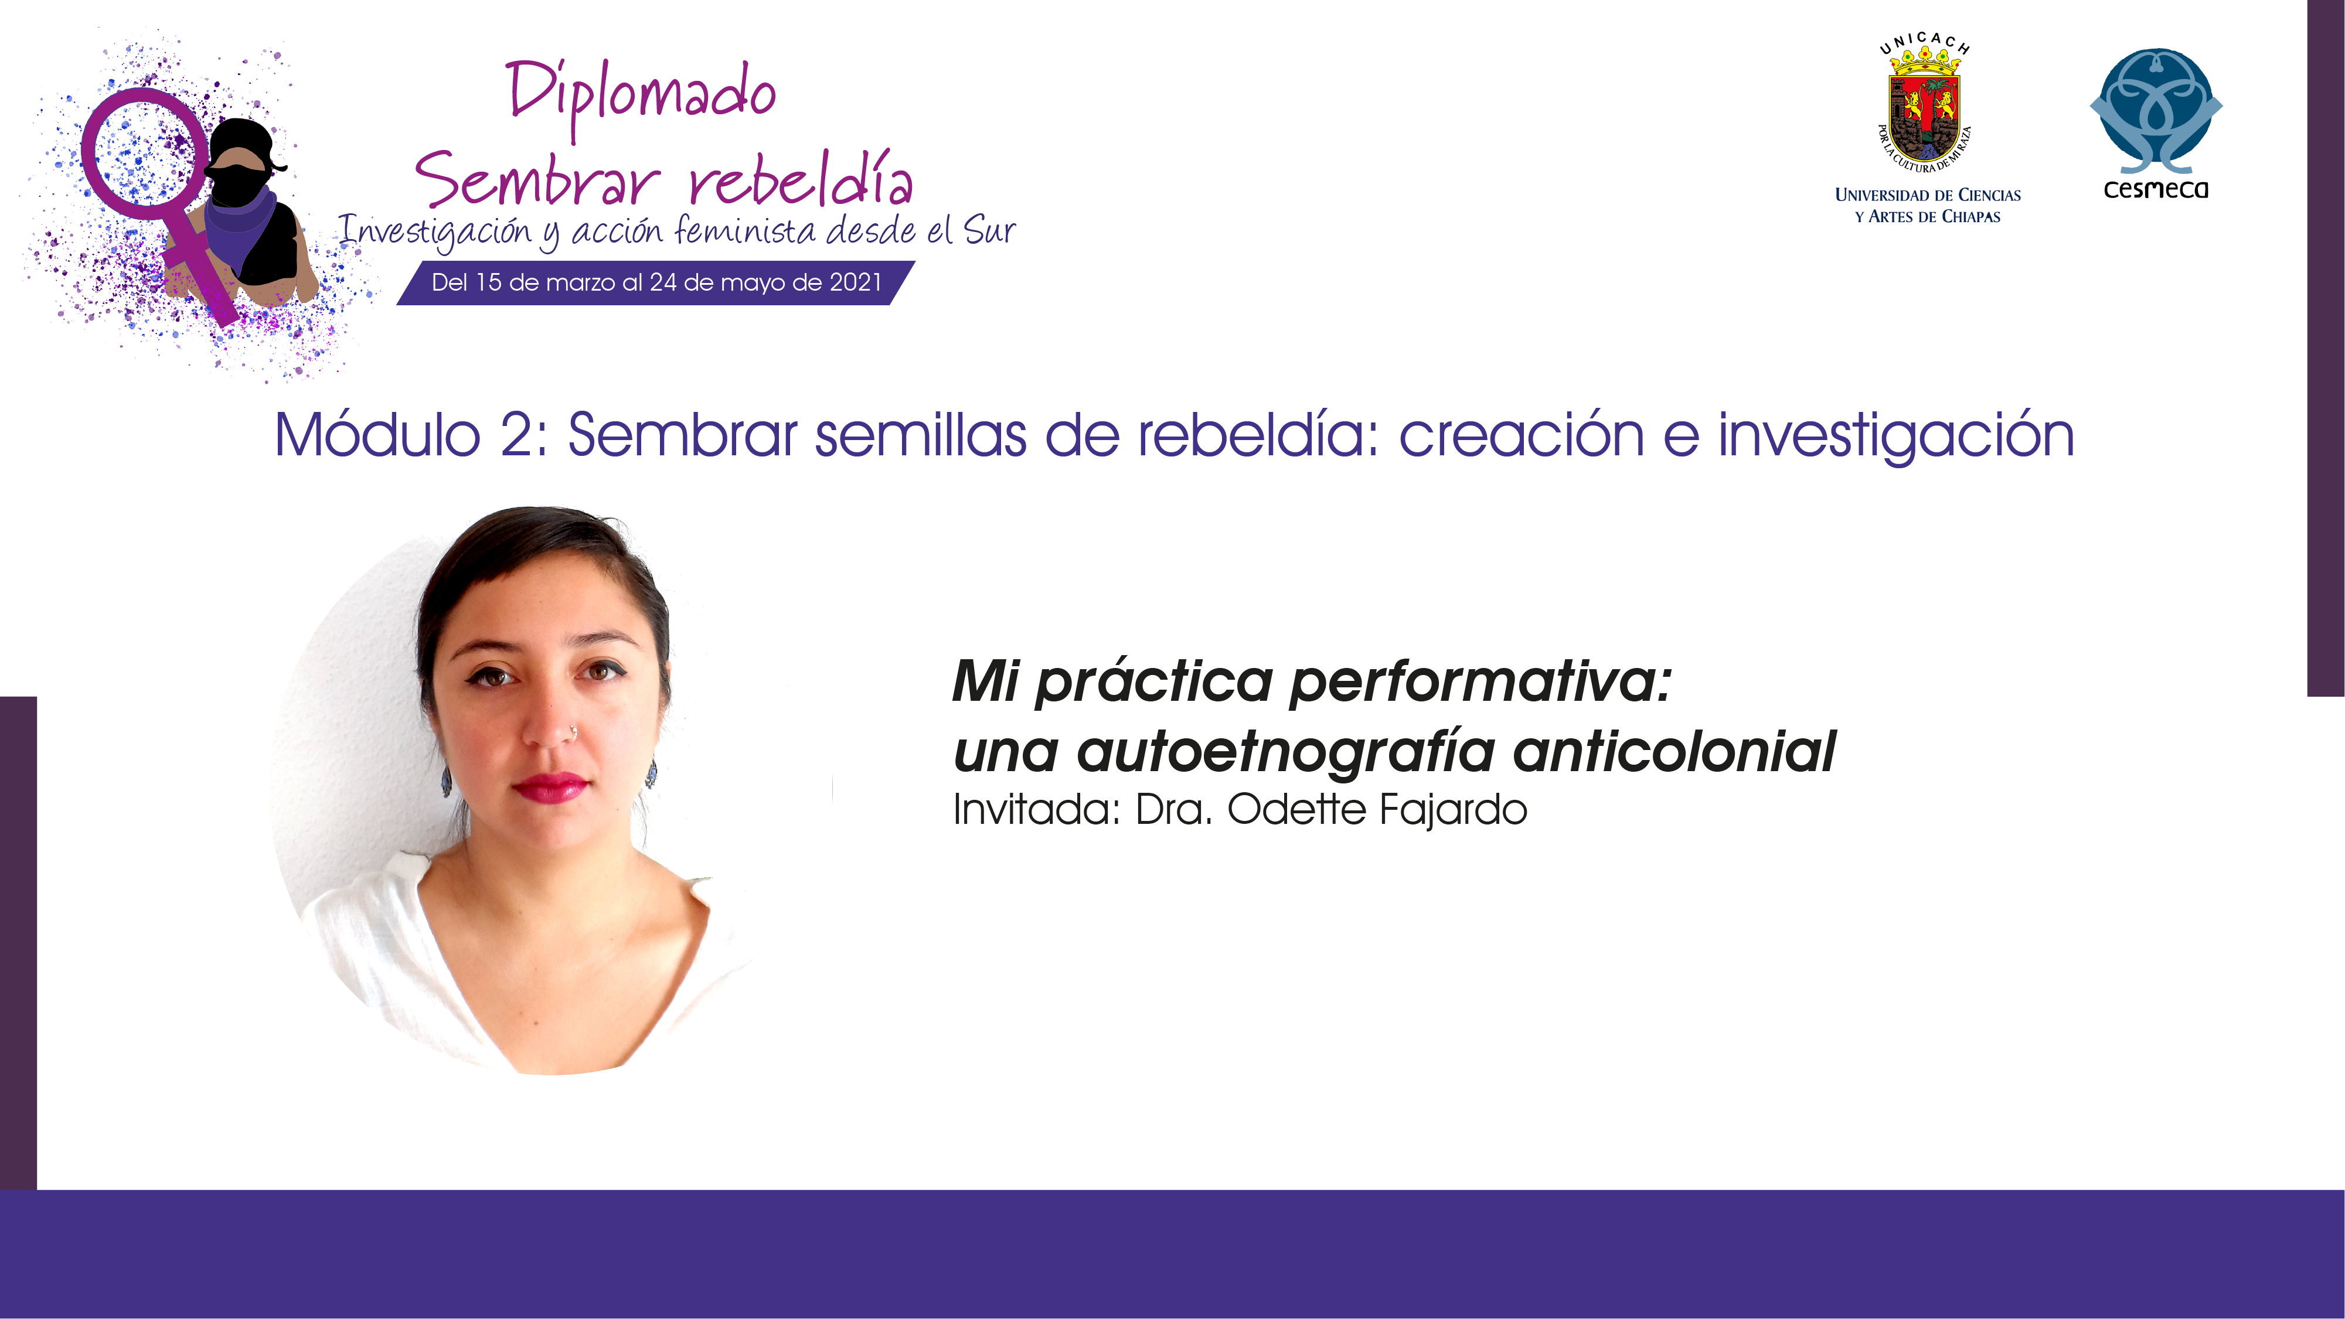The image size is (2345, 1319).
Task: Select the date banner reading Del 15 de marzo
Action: (655, 282)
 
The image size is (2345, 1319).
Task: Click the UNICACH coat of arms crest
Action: (1924, 107)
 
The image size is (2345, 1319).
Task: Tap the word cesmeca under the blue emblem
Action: (2156, 189)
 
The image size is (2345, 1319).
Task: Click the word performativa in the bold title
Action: (1481, 683)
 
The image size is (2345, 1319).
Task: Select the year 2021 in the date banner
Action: (856, 282)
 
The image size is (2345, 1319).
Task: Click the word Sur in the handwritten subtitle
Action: (989, 230)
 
